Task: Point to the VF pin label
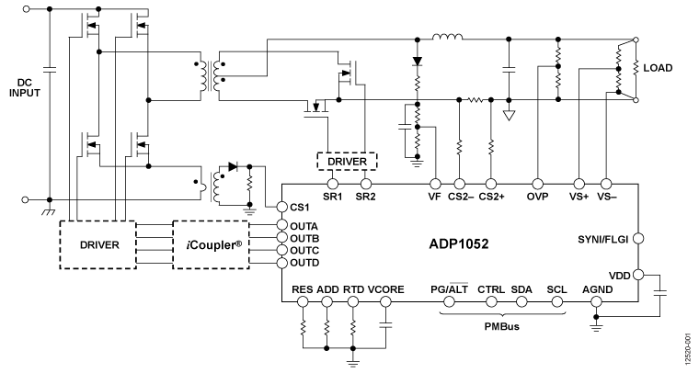click(435, 197)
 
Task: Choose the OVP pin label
click(538, 197)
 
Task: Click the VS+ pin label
click(579, 197)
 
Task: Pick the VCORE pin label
click(386, 289)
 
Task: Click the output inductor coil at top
click(448, 39)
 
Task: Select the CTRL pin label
click(491, 289)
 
